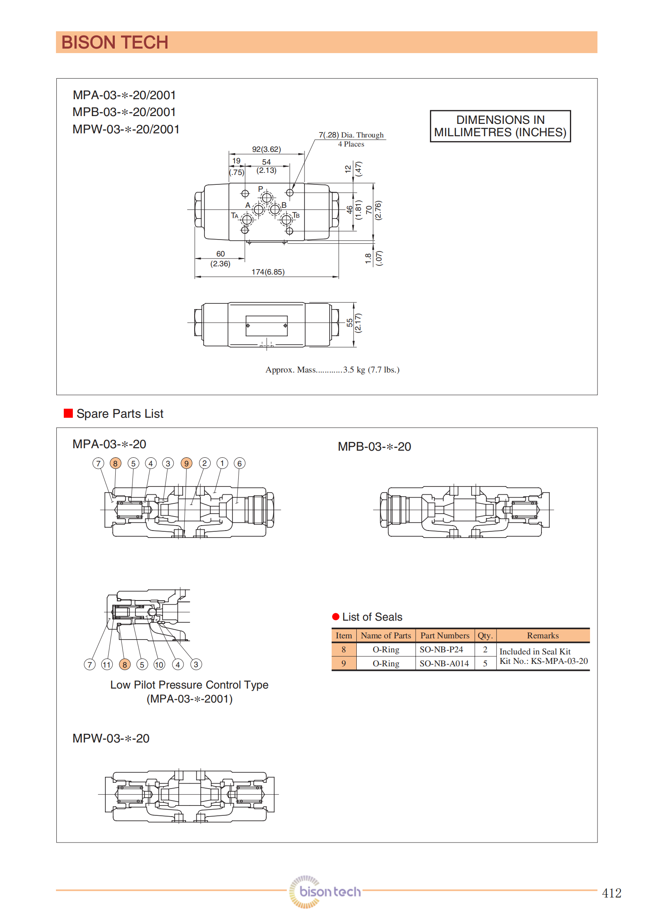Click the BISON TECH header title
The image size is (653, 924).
[115, 42]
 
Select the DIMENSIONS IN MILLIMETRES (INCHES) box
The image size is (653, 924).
[500, 126]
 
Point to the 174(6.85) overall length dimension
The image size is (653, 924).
[268, 272]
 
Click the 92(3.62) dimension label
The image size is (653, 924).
[266, 149]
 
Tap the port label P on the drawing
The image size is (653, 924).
[260, 189]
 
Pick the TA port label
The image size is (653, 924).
[235, 216]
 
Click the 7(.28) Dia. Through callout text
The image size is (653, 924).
[351, 135]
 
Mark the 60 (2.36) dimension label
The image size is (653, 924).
[221, 259]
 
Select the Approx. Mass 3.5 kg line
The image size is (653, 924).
[332, 370]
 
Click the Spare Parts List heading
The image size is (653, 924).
[120, 414]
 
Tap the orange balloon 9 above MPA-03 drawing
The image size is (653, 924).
[186, 463]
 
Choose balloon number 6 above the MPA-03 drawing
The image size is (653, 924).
[239, 463]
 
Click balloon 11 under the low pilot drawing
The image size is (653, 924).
[107, 664]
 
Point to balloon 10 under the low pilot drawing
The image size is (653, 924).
[159, 664]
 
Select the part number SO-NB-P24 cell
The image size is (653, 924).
[442, 649]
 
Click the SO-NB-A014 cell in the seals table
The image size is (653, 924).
[444, 663]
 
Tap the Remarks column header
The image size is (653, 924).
[543, 635]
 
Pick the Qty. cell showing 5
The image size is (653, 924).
[485, 663]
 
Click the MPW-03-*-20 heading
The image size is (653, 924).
[111, 738]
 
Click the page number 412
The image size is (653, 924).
[611, 893]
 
